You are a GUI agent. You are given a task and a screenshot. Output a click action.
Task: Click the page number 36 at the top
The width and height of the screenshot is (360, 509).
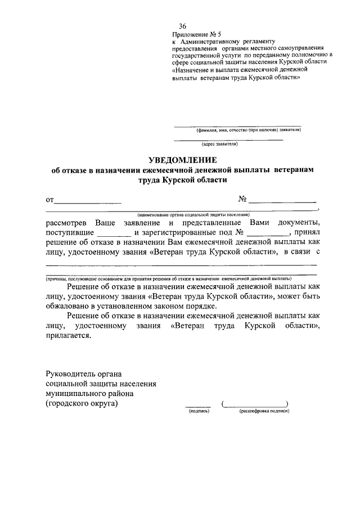click(182, 26)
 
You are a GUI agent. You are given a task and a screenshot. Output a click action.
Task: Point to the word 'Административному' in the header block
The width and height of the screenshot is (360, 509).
click(210, 41)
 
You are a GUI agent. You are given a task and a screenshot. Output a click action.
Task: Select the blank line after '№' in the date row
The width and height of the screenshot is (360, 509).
click(282, 200)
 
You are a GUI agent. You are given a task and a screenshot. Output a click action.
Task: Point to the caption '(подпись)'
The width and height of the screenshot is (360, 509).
click(199, 411)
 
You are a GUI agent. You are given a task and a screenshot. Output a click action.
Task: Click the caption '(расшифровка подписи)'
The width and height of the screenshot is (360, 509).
click(263, 411)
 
